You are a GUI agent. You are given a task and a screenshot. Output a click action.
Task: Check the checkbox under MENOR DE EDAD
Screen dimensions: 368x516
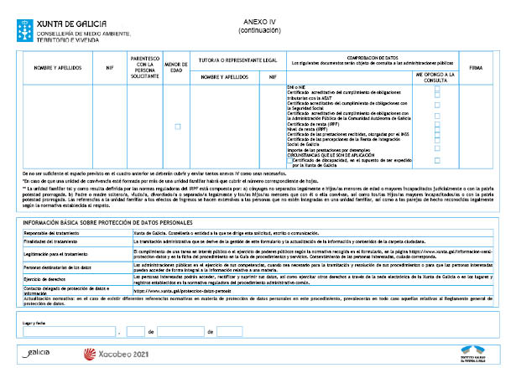[x=177, y=127]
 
